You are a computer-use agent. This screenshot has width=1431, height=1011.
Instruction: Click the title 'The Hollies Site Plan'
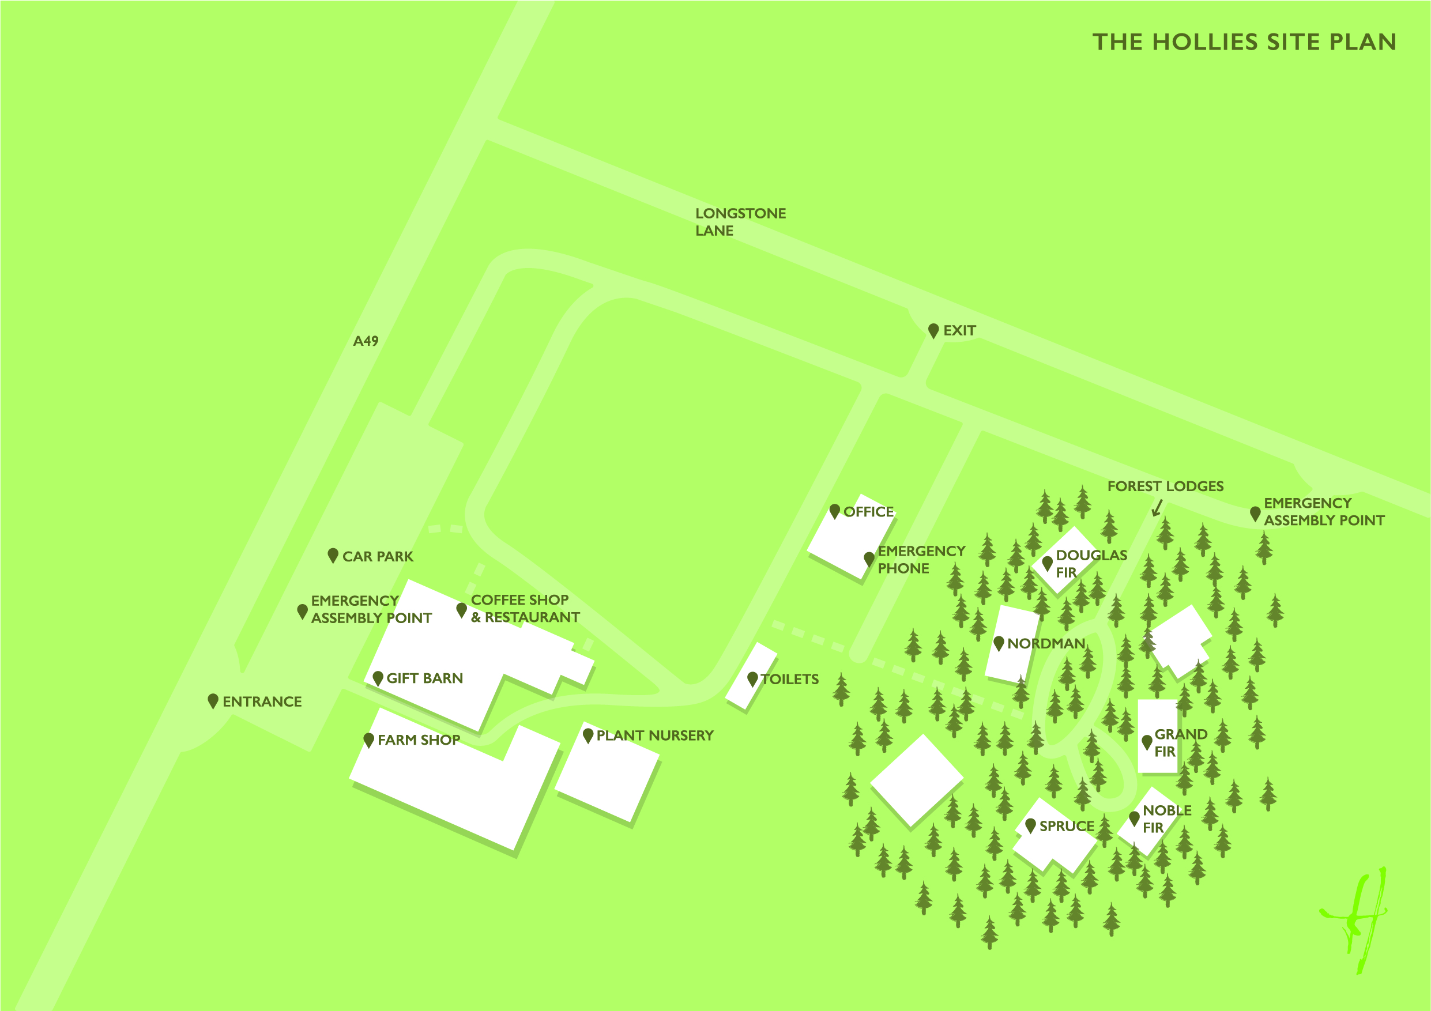[x=1244, y=42]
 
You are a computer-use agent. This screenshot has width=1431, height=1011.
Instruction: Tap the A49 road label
[x=366, y=341]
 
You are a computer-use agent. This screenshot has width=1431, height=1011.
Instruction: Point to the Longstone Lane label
[x=740, y=222]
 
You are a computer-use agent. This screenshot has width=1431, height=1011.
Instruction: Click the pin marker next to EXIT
[x=933, y=330]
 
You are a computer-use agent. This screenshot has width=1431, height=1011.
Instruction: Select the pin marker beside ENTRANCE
[x=213, y=701]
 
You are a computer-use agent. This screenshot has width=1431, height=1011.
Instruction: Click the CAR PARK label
[x=378, y=556]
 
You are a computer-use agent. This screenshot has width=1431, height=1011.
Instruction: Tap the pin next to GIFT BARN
[x=378, y=678]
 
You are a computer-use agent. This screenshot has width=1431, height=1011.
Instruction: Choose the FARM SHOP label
[x=419, y=740]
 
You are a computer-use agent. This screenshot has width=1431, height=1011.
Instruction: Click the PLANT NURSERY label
[x=654, y=735]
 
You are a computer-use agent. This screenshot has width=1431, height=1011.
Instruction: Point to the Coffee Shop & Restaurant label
[x=525, y=609]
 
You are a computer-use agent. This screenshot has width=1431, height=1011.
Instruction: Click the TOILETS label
[x=790, y=679]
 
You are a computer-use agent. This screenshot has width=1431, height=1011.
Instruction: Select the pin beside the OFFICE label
[x=834, y=511]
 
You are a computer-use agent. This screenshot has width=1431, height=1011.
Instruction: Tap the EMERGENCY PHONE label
[x=921, y=559]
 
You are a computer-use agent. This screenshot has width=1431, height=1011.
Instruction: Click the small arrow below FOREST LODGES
[x=1157, y=508]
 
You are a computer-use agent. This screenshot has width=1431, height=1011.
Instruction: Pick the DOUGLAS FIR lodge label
[x=1091, y=563]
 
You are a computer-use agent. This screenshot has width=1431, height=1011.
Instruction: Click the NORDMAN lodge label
[x=1046, y=643]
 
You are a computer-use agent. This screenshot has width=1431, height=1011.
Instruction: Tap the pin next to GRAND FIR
[x=1147, y=742]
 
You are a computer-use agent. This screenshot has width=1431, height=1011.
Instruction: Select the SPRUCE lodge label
[x=1067, y=826]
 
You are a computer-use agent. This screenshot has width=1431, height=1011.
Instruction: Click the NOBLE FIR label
[x=1167, y=818]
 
